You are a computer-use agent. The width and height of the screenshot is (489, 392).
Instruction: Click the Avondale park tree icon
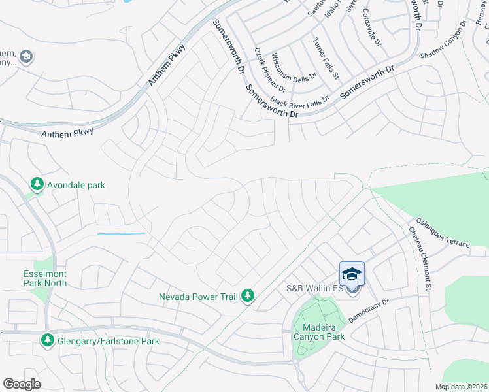coord(38,186)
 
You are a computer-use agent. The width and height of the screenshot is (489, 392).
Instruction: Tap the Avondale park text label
coord(76,186)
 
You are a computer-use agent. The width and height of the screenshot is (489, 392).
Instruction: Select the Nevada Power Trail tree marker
coord(247,297)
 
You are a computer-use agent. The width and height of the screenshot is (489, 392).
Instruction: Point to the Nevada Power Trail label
coord(198,297)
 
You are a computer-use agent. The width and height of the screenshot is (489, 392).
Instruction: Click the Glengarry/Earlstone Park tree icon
coord(47,340)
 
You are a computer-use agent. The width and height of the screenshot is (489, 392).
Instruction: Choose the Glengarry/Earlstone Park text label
coord(108,341)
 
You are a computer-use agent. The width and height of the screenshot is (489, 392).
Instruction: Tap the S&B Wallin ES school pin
coord(352,274)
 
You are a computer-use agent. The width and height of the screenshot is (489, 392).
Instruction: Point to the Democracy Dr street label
coord(369,309)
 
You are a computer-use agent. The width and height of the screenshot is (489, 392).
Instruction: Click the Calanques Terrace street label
coord(442,233)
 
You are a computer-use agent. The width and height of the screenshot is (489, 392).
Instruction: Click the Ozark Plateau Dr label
coord(270,69)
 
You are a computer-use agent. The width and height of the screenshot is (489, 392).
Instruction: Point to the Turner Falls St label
coord(326,58)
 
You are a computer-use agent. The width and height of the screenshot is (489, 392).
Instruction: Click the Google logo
coord(22,384)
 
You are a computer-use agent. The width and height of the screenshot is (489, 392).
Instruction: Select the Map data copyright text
coord(462,387)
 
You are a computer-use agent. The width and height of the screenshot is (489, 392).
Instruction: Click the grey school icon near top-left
coord(26,57)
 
